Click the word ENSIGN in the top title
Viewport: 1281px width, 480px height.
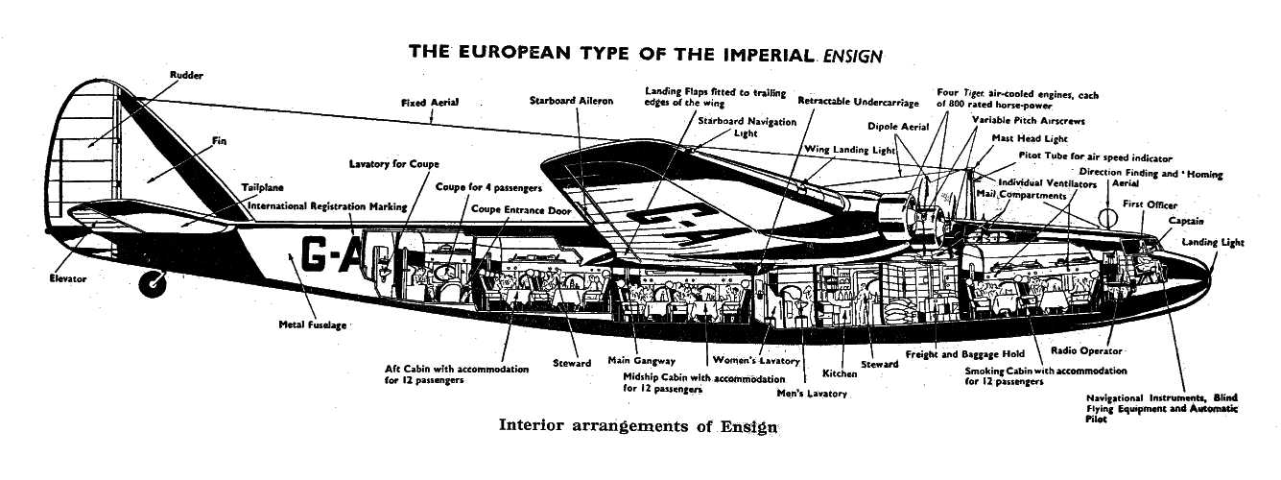click(x=852, y=56)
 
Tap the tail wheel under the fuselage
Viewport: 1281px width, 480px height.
click(x=154, y=282)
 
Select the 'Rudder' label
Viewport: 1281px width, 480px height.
click(x=186, y=75)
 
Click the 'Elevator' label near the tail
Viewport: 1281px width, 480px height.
click(x=68, y=279)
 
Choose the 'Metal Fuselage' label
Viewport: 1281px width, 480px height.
click(x=313, y=325)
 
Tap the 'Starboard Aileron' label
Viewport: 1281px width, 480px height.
click(x=571, y=101)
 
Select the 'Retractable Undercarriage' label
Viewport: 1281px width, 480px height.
click(x=858, y=102)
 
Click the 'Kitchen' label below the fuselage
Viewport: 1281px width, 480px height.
click(x=840, y=373)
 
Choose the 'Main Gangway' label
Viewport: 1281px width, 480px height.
click(x=641, y=361)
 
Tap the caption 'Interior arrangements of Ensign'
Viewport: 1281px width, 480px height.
click(x=638, y=425)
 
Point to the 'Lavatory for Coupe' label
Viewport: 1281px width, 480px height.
click(x=394, y=164)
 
